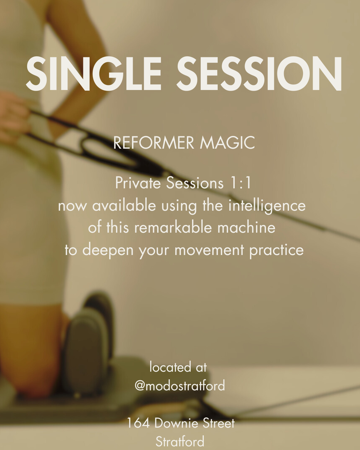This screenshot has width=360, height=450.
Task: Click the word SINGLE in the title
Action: pos(93,74)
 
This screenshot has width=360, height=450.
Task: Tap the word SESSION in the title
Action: pos(259,74)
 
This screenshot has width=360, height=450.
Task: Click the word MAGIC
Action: pos(227,143)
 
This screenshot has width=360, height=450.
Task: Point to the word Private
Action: pos(138,183)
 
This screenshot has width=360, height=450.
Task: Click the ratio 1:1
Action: pos(241,183)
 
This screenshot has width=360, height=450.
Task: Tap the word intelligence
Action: pos(267,206)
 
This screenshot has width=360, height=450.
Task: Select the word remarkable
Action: pos(173,228)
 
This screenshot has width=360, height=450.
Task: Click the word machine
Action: pos(246,228)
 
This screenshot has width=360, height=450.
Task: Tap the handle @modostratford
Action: pos(180,386)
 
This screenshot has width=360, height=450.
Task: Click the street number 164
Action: pos(138,423)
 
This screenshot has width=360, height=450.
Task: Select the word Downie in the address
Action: pos(176,423)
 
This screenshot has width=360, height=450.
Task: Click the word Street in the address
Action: pos(219,423)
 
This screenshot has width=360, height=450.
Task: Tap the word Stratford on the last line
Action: pos(180,442)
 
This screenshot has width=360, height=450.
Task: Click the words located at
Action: pos(178,367)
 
